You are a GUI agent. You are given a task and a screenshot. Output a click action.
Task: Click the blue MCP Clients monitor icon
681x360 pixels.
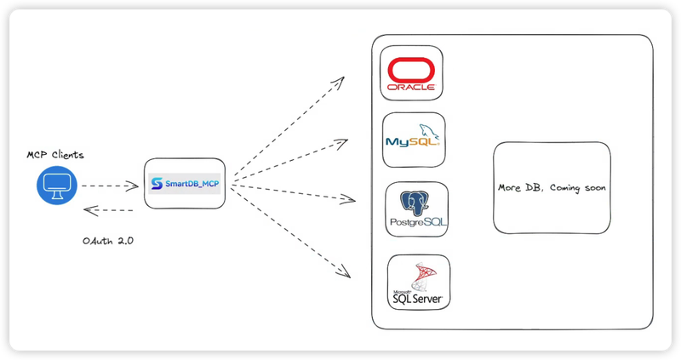(56, 186)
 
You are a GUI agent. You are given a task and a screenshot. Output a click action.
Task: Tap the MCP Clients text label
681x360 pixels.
(55, 156)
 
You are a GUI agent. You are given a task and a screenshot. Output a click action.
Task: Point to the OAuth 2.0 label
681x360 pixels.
(108, 241)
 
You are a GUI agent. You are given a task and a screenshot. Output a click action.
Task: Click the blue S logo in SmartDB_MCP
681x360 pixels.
(157, 183)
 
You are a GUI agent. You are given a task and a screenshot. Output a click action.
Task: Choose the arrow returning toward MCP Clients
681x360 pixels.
(108, 209)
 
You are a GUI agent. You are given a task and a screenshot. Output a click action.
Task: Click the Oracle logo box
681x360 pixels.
(411, 73)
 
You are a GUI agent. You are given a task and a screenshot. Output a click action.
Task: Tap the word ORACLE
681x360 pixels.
(411, 87)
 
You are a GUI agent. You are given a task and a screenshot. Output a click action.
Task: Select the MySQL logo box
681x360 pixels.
(414, 140)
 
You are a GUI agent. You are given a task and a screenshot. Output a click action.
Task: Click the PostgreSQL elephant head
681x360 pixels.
(417, 203)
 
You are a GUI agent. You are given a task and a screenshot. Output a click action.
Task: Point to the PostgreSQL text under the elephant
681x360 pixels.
(417, 222)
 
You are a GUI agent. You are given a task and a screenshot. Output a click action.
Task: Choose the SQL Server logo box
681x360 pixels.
(418, 281)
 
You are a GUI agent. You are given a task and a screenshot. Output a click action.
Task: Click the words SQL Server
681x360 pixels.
(418, 299)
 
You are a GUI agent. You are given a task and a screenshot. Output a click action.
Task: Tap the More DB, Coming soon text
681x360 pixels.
(552, 188)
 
